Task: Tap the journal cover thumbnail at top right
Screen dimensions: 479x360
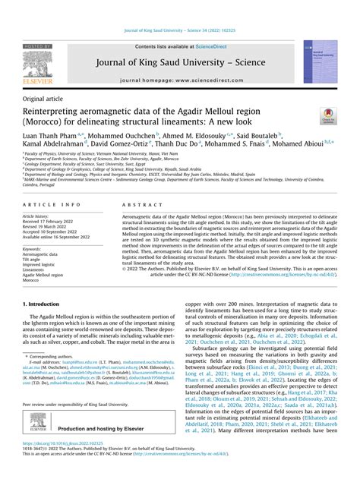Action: [320, 61]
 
